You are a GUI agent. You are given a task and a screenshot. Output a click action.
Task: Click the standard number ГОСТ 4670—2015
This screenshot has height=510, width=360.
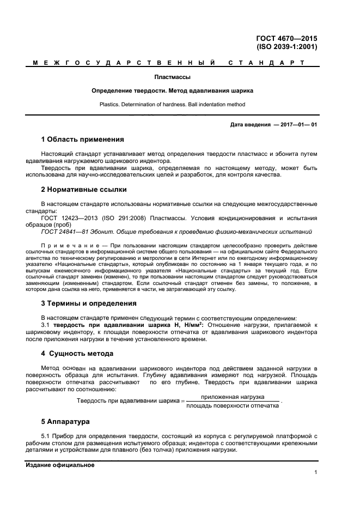[286, 38]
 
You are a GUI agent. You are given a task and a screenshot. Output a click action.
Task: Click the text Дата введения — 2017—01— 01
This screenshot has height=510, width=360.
[273, 125]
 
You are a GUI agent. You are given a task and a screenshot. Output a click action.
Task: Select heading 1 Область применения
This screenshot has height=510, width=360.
[82, 139]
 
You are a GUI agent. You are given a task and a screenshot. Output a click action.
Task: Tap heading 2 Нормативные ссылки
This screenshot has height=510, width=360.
[84, 190]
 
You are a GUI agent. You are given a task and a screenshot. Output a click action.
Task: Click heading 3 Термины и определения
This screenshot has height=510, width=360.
[89, 303]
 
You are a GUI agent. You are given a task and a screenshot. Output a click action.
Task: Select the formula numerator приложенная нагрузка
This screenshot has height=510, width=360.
[233, 397]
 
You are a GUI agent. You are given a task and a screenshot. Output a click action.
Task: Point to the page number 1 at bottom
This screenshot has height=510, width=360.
[315, 472]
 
